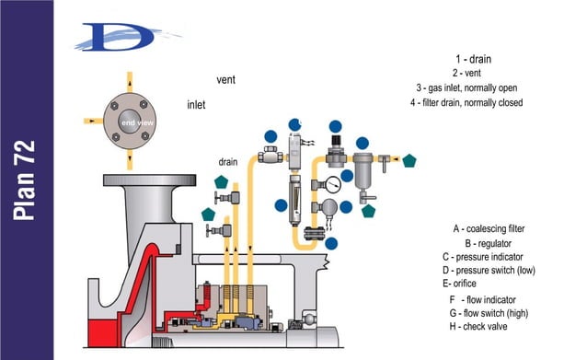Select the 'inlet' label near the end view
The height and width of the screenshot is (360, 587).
pyautogui.click(x=196, y=105)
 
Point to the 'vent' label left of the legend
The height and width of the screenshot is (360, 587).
pyautogui.click(x=225, y=80)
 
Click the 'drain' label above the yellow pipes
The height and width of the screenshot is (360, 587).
pyautogui.click(x=228, y=162)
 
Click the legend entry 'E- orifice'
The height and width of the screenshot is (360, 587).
pyautogui.click(x=469, y=284)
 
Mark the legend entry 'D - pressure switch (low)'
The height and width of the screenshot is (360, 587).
pyautogui.click(x=488, y=270)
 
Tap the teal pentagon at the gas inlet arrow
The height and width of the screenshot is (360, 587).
pyautogui.click(x=409, y=159)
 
